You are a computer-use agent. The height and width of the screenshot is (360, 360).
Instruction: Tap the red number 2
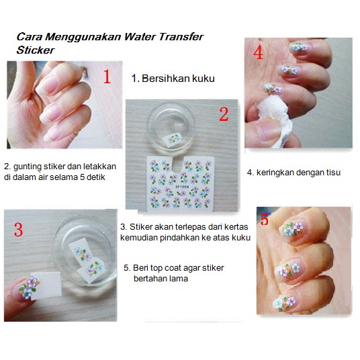224,114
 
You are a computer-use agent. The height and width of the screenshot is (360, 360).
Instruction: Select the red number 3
18,230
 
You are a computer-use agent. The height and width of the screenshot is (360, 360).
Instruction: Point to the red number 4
259,53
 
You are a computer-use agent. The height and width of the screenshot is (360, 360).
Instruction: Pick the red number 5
265,219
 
